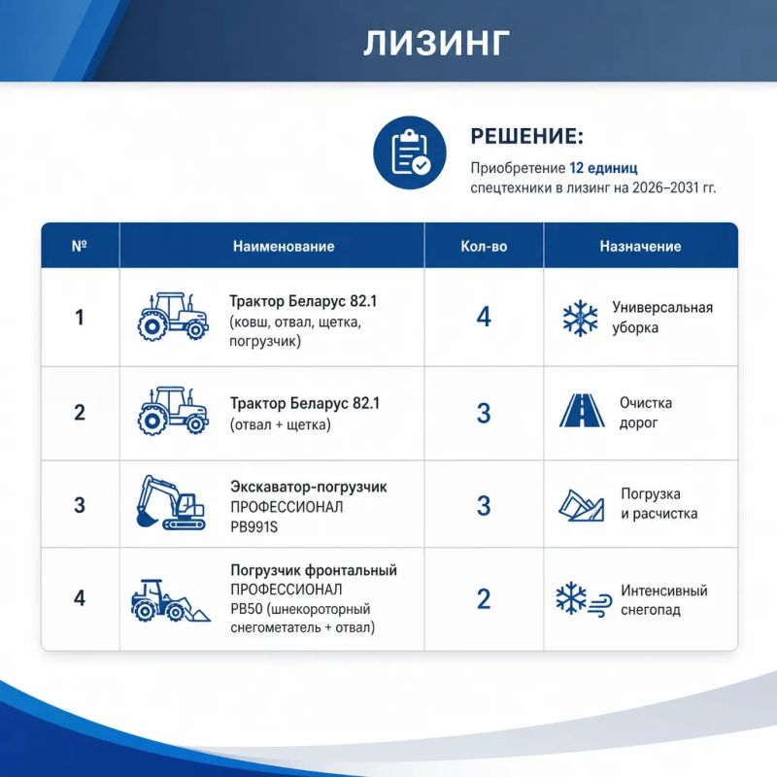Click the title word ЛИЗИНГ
point(436,43)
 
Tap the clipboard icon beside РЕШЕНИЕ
point(410,152)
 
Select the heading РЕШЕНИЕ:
point(527,136)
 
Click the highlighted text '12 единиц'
point(603,167)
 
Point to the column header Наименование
point(284,247)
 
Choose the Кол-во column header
point(484,247)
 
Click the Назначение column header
point(641,247)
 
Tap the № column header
point(80,247)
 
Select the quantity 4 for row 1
point(484,317)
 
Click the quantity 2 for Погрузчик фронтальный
point(484,598)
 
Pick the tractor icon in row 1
point(173,317)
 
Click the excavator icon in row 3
point(171,502)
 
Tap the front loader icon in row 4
point(171,600)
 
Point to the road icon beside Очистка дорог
point(582,410)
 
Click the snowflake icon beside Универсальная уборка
point(580,318)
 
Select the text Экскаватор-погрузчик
point(309,488)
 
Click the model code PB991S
point(254,526)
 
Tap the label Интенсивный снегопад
point(664,600)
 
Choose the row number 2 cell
point(80,412)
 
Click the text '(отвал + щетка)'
point(280,424)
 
